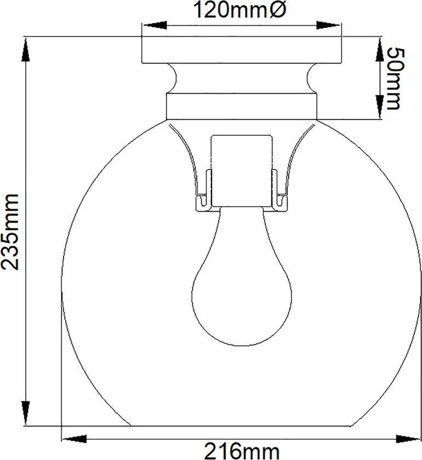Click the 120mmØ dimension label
(239, 10)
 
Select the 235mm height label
(11, 231)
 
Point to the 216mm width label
(241, 451)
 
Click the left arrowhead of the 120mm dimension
(154, 25)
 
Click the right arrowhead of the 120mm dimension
(328, 25)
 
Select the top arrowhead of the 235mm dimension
(26, 50)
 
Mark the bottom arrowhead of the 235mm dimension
(26, 413)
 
